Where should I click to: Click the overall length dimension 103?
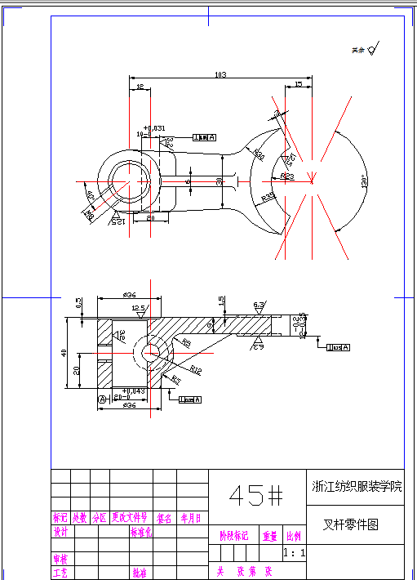pos(220,75)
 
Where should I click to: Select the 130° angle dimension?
pos(363,181)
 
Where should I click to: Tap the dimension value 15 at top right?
pos(299,83)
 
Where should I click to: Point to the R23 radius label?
pos(287,176)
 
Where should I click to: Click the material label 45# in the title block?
pos(255,494)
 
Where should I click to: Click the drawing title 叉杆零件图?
pos(352,525)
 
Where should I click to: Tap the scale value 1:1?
pos(294,553)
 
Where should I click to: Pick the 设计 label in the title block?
pos(60,531)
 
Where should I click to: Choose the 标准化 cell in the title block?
pos(141,531)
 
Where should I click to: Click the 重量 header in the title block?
pos(269,537)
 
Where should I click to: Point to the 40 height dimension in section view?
pos(64,352)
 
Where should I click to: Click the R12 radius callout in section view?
pos(196,370)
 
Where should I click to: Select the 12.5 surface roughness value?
pos(139,309)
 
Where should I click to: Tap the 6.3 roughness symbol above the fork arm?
pos(259,305)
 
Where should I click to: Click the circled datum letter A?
pos(102,399)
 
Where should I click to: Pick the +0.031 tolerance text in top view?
pos(153,128)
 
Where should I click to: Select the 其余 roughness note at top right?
pos(357,50)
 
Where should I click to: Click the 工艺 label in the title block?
pos(60,573)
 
